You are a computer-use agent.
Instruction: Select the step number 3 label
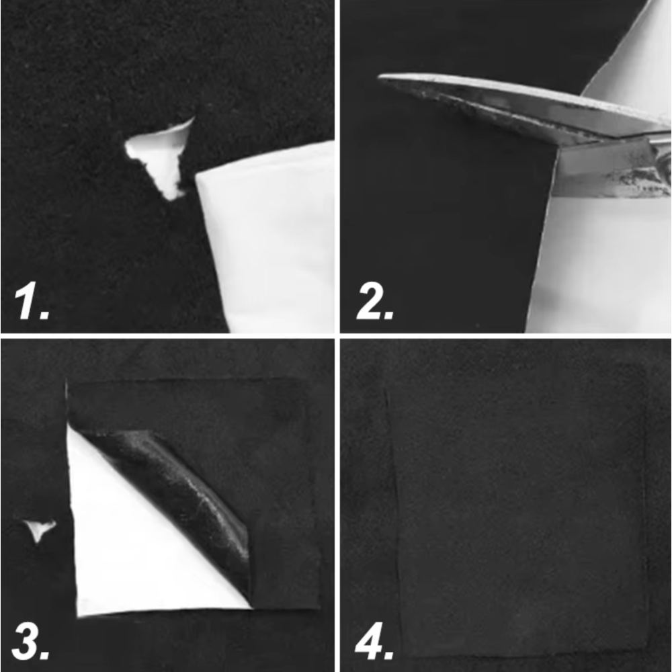coord(30,642)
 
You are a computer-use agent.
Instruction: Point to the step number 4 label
coord(374,642)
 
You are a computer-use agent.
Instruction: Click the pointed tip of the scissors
coord(379,77)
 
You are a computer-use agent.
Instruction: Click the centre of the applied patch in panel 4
coord(521,510)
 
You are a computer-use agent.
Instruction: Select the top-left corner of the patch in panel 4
coord(386,388)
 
